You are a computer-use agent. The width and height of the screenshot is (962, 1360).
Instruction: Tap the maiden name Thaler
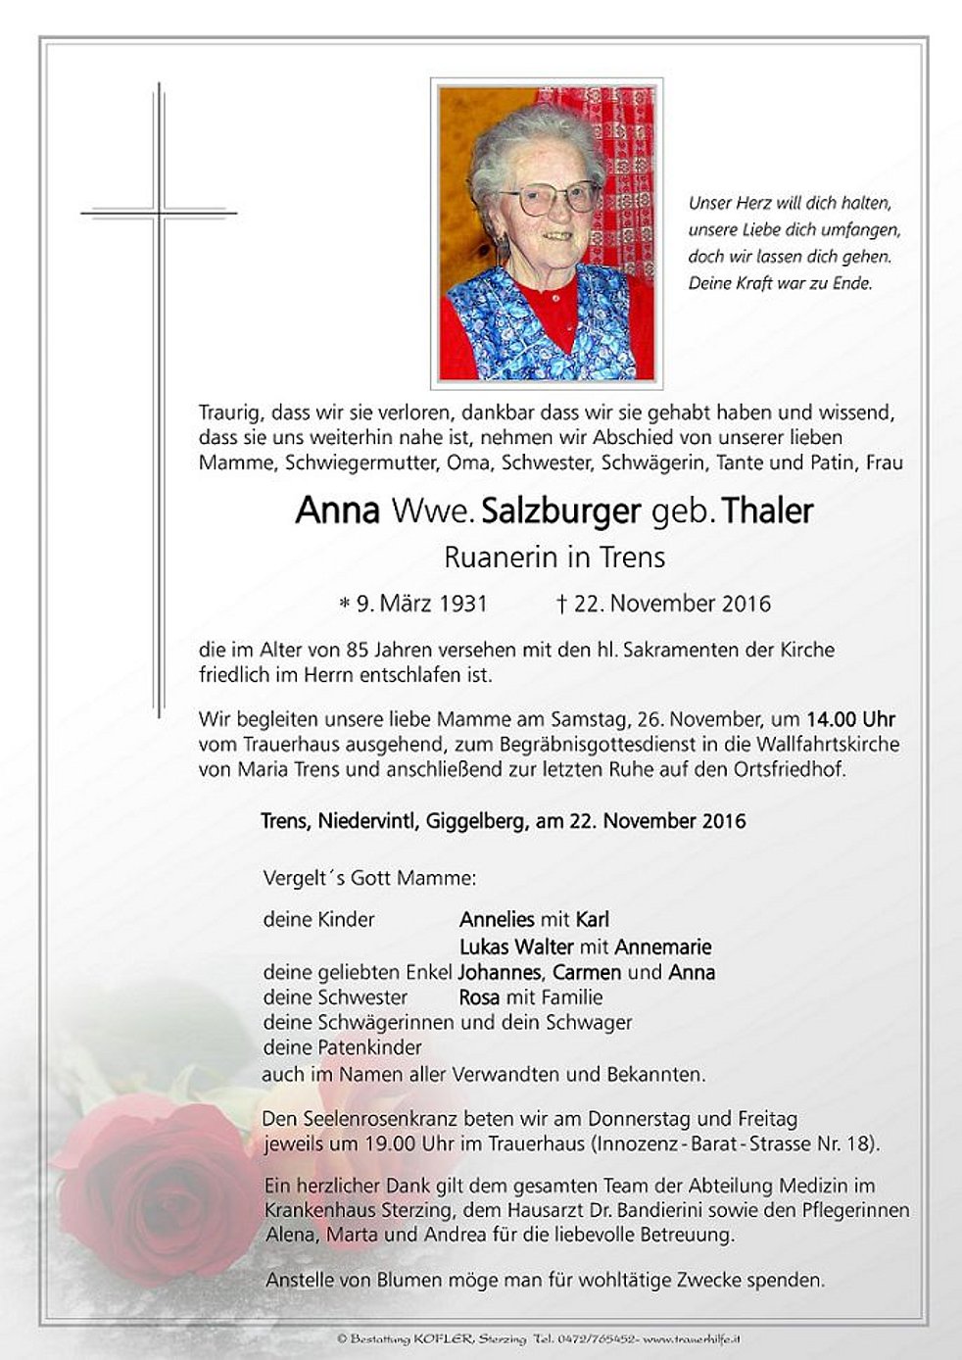coord(767,511)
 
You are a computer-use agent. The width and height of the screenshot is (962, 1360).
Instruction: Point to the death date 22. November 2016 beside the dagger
coord(672,604)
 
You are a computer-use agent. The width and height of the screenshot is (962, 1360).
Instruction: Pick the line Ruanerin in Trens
coord(554,558)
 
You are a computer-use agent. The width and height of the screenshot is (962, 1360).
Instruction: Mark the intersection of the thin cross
coord(159,212)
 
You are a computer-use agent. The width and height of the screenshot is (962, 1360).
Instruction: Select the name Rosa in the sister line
coord(479,997)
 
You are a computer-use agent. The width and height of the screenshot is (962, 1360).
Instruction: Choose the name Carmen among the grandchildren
coord(587,973)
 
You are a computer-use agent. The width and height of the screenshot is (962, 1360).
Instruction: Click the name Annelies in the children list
coord(497,920)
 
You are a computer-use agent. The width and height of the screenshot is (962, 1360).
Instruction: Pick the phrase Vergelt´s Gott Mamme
coord(370,878)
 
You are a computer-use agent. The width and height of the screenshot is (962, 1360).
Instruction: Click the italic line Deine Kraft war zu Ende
coord(781,284)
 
